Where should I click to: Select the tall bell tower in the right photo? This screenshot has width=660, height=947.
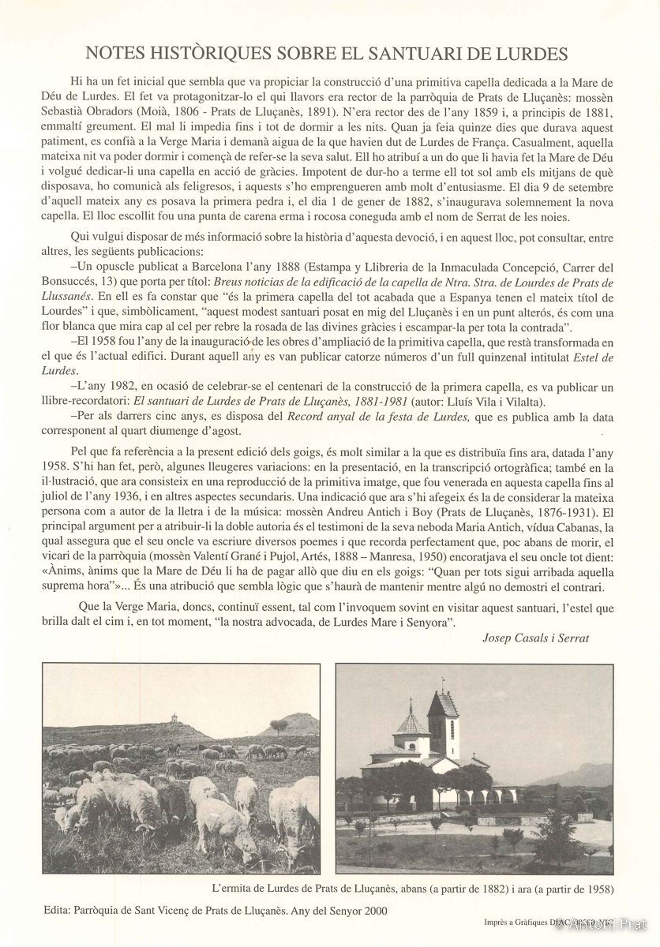(x=443, y=714)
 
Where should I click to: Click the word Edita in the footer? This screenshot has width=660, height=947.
(x=58, y=910)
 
